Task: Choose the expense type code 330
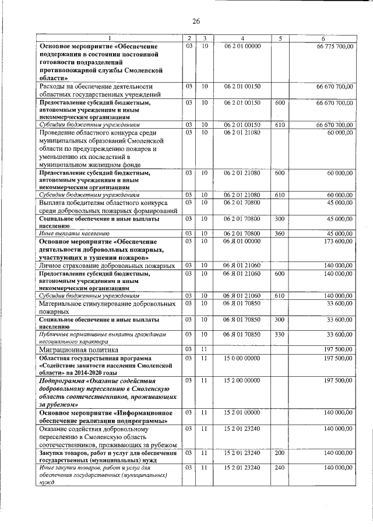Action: [280, 334]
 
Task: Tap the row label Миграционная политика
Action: [79, 350]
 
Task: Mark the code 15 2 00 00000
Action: [242, 380]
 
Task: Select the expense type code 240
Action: [280, 468]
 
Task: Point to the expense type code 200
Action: [280, 452]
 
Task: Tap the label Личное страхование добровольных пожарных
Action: [107, 266]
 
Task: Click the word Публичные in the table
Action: [54, 334]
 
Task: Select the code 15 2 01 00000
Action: [242, 412]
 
